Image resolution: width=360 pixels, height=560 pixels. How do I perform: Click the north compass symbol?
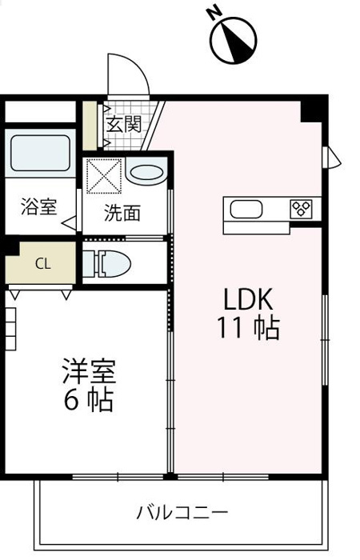tap(233, 37)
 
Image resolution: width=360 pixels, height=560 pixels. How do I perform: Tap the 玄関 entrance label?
tap(125, 124)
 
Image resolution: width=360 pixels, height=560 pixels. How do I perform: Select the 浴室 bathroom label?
tap(38, 206)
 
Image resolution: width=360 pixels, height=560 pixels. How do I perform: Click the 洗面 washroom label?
tap(123, 213)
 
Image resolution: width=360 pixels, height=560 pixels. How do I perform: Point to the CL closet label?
tap(43, 263)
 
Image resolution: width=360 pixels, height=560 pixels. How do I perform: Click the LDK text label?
tap(248, 299)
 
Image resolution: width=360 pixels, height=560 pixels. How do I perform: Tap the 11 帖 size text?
tap(247, 328)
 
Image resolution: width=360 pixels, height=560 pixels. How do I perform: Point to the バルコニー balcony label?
tap(182, 511)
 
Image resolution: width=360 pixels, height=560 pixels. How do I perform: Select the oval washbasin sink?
tap(146, 171)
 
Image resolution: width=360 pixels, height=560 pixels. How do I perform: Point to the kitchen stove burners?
tap(302, 209)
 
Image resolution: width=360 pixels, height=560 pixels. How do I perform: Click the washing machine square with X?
tap(104, 176)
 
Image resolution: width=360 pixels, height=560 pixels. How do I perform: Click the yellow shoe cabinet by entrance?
tap(90, 126)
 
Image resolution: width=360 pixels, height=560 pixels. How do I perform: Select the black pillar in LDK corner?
tap(313, 108)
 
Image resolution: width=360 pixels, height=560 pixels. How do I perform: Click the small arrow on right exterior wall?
tap(329, 157)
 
